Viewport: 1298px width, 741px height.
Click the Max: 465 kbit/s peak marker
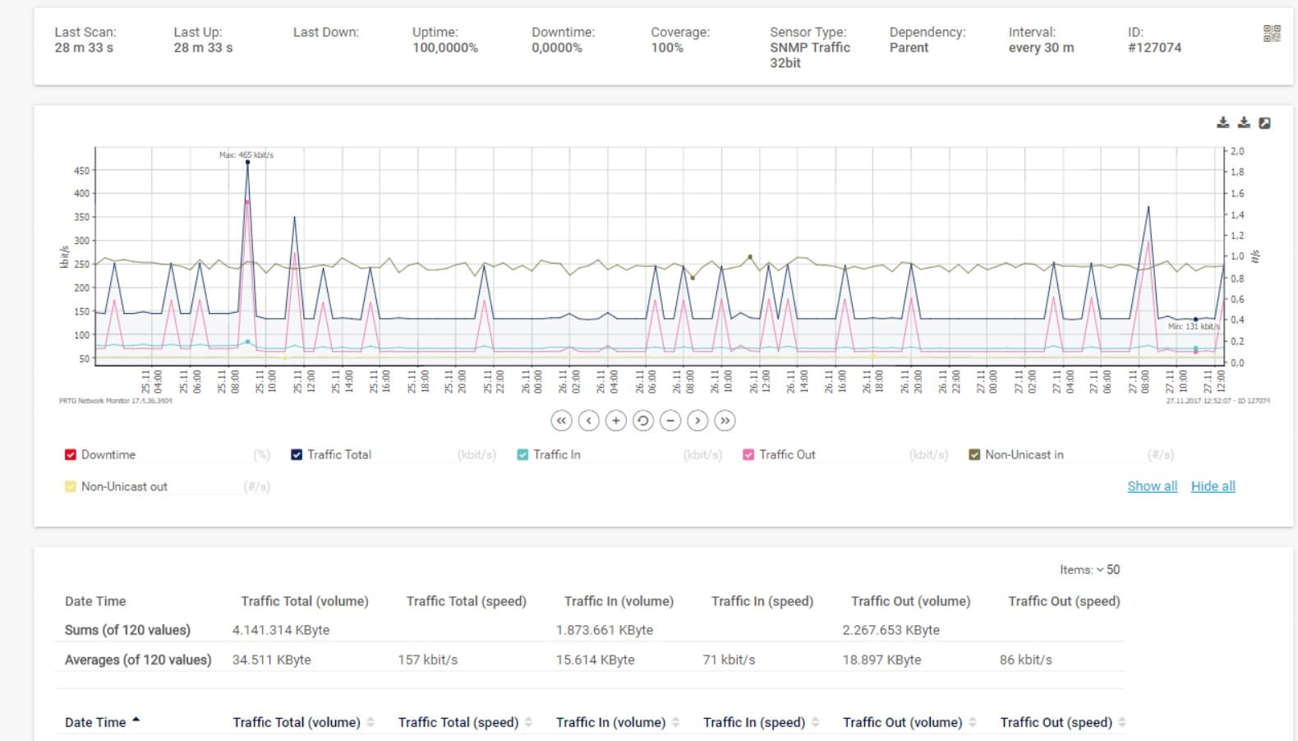tap(247, 163)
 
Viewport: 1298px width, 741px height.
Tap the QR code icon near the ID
tap(1271, 34)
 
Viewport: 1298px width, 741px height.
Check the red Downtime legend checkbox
tap(71, 454)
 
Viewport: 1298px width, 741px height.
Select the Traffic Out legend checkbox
tap(748, 454)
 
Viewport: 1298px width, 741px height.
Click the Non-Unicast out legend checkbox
tap(71, 486)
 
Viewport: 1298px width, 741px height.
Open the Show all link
tap(1152, 486)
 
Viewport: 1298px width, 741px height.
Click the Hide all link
tap(1213, 486)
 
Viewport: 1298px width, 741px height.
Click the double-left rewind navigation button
tap(561, 421)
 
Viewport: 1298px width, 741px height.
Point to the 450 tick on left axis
tap(81, 171)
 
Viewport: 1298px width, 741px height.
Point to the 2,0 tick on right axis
tap(1236, 151)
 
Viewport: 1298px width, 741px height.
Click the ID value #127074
tap(1154, 48)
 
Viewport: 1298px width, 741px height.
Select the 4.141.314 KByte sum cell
tap(280, 630)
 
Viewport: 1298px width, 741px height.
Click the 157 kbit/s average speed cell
tap(427, 660)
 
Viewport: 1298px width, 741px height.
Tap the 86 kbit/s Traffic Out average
tap(1025, 660)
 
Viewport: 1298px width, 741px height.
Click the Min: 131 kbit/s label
tap(1193, 326)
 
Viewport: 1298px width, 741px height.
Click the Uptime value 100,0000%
tap(444, 48)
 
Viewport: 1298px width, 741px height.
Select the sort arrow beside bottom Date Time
tap(136, 720)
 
